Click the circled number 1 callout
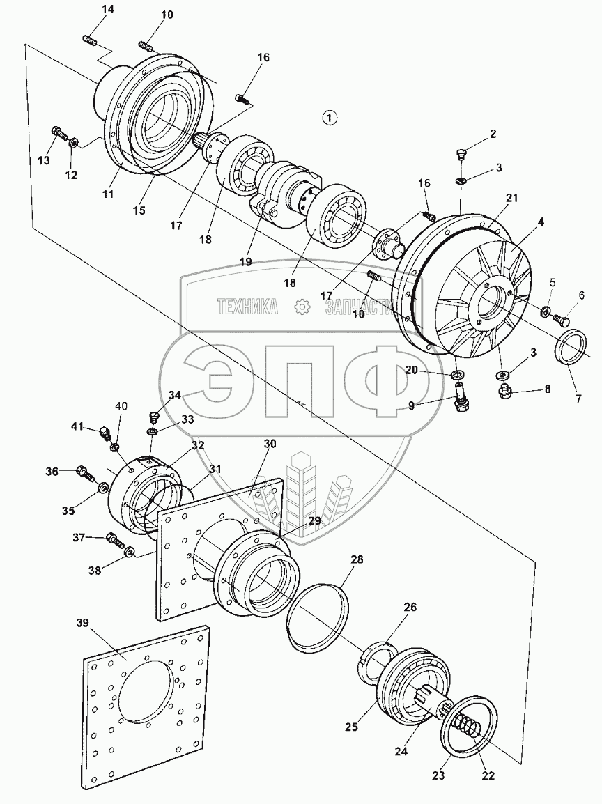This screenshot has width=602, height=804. pyautogui.click(x=330, y=117)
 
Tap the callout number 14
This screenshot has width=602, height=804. pyautogui.click(x=107, y=9)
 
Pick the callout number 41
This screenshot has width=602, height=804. pyautogui.click(x=76, y=426)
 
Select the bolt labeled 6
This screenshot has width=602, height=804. pyautogui.click(x=561, y=320)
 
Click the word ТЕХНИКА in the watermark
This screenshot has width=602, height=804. pyautogui.click(x=247, y=306)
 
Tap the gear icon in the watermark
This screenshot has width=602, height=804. pyautogui.click(x=302, y=306)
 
